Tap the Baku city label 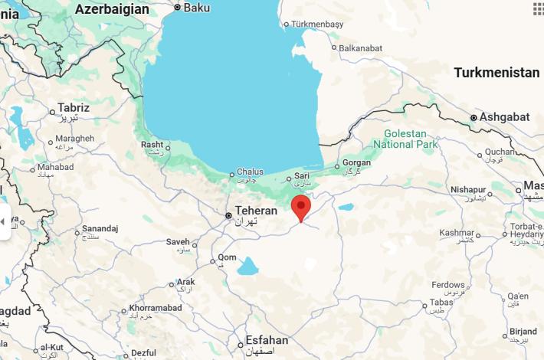coord(197,8)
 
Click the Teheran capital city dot coord(228,216)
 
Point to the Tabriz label coord(74,108)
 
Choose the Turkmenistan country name coord(496,73)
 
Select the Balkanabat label coord(360,47)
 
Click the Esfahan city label coord(267,340)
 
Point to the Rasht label coord(152,144)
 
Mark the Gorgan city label coord(356,162)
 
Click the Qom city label coord(228,257)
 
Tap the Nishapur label coord(468,189)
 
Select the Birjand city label coord(523,332)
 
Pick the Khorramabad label coord(156,308)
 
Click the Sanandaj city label coord(100,228)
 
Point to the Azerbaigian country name coord(113,9)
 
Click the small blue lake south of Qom coord(247,267)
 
